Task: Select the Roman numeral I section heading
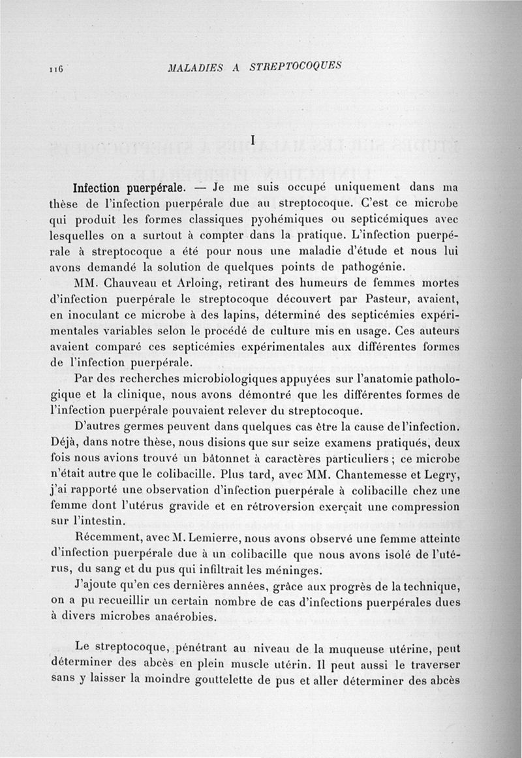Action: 252,139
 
